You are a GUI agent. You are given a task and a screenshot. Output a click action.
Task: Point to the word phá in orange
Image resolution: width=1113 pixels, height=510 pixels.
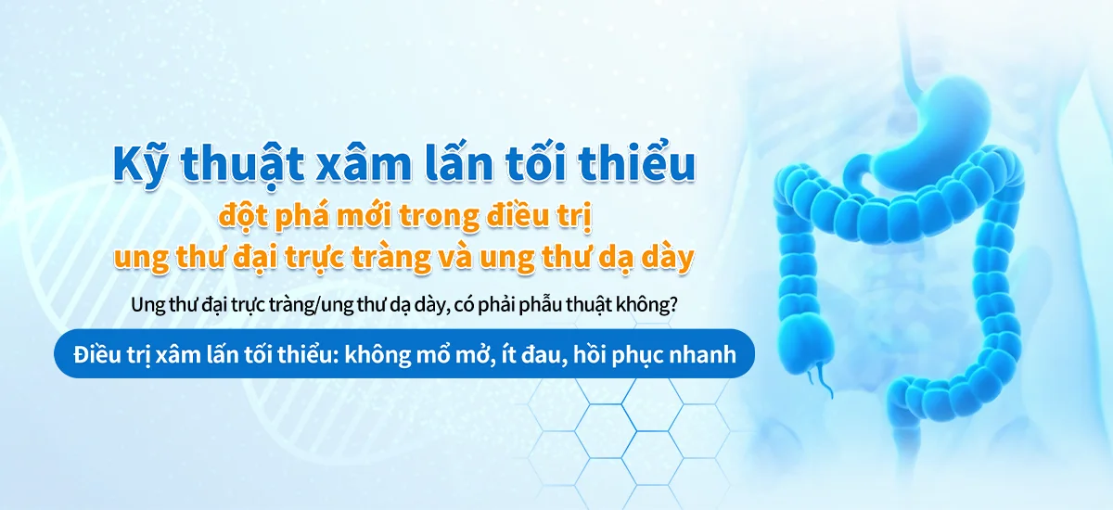point(302,220)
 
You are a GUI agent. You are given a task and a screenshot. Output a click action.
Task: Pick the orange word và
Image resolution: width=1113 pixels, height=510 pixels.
point(509,258)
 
